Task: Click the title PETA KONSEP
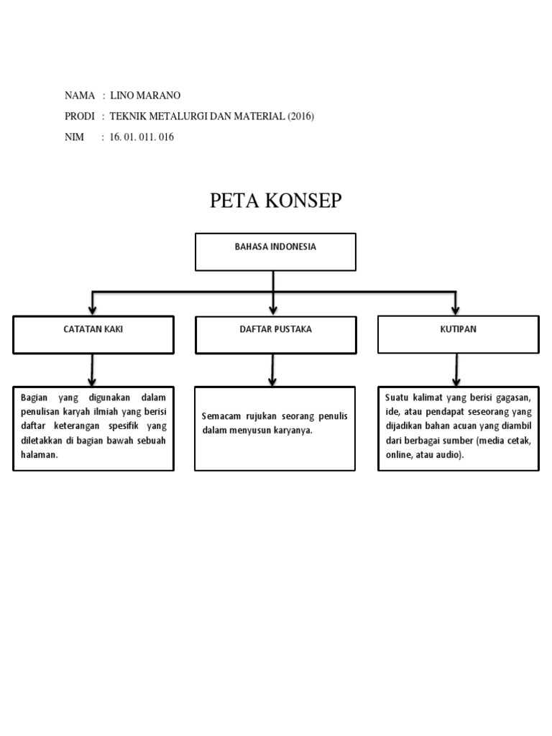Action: point(275,201)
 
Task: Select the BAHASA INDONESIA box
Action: point(275,252)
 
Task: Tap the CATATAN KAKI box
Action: point(93,334)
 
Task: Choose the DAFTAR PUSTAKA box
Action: point(275,334)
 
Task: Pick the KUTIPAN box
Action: point(458,334)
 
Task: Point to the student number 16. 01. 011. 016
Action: point(142,137)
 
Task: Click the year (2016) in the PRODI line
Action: point(300,116)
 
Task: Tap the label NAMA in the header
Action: point(80,96)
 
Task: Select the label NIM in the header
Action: point(74,137)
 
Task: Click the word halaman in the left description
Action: point(38,456)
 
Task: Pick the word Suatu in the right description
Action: point(396,397)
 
